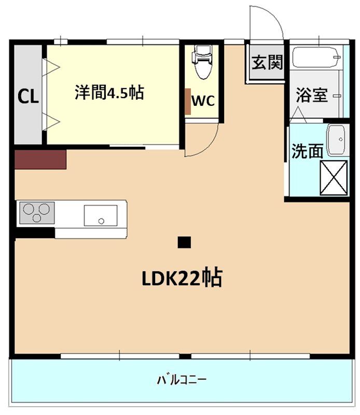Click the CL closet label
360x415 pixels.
[29, 96]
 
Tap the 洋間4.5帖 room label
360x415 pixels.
[109, 93]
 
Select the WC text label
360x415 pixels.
[203, 101]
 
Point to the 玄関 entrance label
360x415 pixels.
[267, 63]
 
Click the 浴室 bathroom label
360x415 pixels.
[312, 95]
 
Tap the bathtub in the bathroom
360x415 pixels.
[315, 58]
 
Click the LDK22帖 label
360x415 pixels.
[182, 279]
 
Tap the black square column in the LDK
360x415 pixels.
[184, 242]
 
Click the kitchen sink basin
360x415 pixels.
[101, 215]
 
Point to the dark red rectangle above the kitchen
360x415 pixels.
[40, 159]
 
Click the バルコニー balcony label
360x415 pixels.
[182, 380]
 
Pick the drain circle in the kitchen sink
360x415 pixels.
[101, 220]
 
